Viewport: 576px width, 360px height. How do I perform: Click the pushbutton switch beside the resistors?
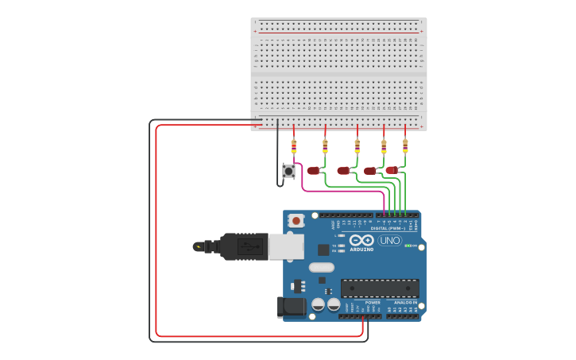(x=289, y=171)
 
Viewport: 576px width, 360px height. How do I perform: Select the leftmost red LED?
(x=314, y=170)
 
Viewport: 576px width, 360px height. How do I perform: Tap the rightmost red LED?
(x=392, y=170)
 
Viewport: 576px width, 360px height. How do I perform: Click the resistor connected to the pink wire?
(x=294, y=146)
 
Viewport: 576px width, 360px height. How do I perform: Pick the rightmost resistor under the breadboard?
(x=405, y=145)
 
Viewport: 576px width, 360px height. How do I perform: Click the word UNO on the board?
(x=390, y=240)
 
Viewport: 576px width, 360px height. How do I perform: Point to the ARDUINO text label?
(x=361, y=250)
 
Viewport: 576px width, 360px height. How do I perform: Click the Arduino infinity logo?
(x=361, y=240)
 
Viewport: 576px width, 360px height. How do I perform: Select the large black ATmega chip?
(x=380, y=288)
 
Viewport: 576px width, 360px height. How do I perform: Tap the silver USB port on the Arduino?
(x=285, y=246)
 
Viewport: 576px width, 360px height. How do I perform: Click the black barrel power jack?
(x=292, y=307)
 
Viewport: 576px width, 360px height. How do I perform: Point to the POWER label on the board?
(x=373, y=303)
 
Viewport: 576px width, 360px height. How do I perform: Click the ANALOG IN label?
(x=405, y=303)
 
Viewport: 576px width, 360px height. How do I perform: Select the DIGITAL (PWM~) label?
(x=388, y=228)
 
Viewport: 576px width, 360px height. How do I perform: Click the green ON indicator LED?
(x=408, y=246)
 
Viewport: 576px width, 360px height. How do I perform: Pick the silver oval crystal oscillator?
(x=322, y=267)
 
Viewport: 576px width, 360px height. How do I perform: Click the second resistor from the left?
(x=325, y=146)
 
